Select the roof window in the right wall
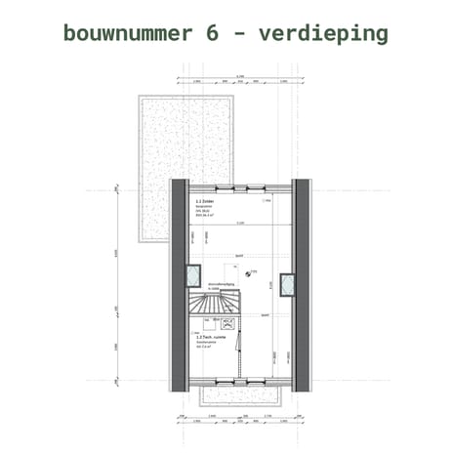pyautogui.click(x=287, y=284)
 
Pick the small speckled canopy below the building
pyautogui.click(x=239, y=393)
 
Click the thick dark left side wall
pyautogui.click(x=179, y=283)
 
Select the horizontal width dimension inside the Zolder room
pyautogui.click(x=239, y=224)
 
